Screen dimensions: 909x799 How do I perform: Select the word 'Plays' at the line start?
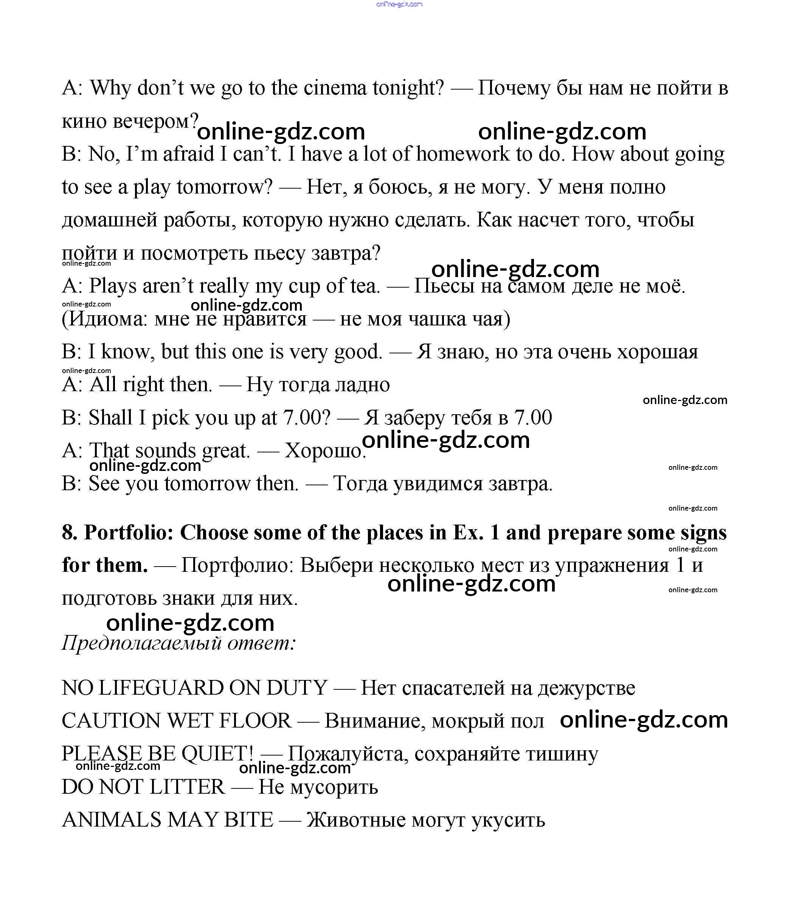pos(113,286)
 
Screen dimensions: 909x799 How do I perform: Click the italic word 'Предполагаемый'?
pos(141,643)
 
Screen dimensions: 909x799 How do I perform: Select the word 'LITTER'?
pos(187,787)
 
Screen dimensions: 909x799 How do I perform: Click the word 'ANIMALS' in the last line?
pos(111,820)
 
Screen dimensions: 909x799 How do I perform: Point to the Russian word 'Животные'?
pos(356,820)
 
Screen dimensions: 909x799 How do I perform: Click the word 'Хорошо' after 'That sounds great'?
pos(324,451)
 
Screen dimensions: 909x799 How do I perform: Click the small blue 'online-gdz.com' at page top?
pos(399,5)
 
